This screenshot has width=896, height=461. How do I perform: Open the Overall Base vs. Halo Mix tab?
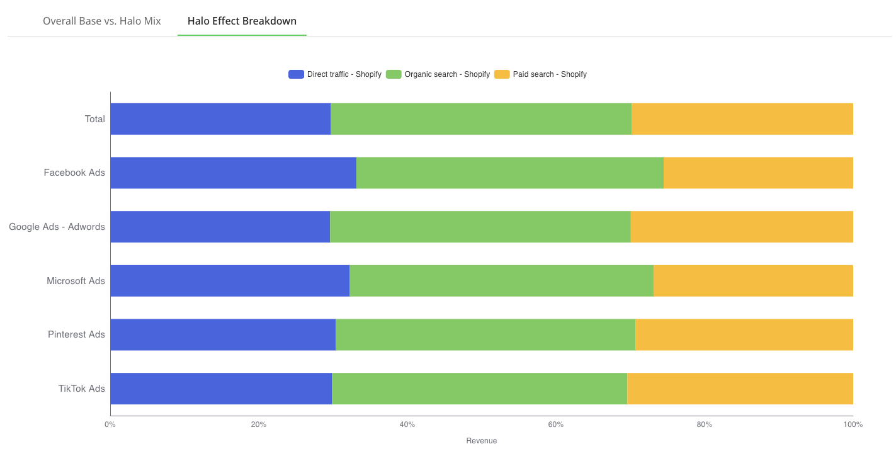(102, 21)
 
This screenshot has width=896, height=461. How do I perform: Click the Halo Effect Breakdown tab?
(242, 21)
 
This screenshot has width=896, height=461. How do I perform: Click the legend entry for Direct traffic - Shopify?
(336, 74)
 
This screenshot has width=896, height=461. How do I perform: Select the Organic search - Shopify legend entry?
(438, 74)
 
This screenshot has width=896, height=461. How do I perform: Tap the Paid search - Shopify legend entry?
(541, 74)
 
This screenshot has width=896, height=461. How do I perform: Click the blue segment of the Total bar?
(220, 119)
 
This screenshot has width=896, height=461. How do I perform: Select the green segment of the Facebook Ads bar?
(510, 173)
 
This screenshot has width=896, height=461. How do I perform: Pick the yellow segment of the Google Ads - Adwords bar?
(742, 227)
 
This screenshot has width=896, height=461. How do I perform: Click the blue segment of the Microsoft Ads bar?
(230, 281)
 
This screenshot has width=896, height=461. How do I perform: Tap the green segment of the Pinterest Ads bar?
(485, 334)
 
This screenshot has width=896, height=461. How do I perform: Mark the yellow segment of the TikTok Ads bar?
(740, 389)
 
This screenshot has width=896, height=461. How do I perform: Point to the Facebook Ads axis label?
(74, 173)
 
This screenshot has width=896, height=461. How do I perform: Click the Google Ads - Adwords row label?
(57, 227)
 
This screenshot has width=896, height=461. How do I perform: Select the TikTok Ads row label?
(82, 389)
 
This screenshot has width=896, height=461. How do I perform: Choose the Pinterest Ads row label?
(76, 334)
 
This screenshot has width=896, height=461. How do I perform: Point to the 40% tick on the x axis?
(407, 424)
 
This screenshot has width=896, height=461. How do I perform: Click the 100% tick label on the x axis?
(853, 424)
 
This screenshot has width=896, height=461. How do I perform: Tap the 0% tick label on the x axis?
(110, 424)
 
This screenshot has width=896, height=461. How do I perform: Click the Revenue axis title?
(482, 441)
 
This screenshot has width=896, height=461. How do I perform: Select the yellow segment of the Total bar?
(742, 119)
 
